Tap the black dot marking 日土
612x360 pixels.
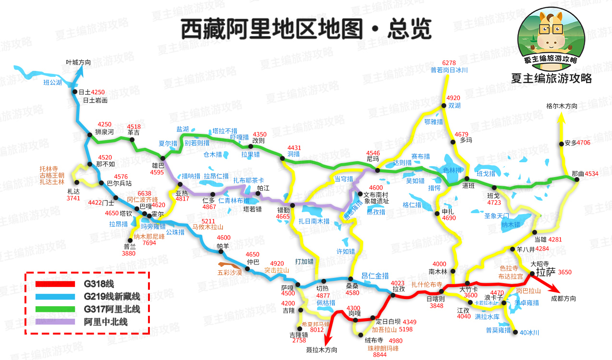(x=75, y=92)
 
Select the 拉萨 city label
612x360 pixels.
(x=545, y=272)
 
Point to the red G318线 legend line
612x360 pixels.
(x=55, y=284)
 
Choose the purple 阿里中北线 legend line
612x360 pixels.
(x=55, y=321)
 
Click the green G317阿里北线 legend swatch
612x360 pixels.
(x=55, y=309)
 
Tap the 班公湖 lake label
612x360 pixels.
(x=53, y=83)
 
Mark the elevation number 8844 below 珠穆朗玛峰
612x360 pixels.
(x=379, y=354)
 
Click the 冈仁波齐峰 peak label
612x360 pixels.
(x=142, y=199)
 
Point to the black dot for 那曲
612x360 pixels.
(x=576, y=179)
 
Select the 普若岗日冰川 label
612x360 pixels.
(x=449, y=70)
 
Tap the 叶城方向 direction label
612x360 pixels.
(x=78, y=62)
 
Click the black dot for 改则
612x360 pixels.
(x=250, y=146)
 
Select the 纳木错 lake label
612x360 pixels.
(x=511, y=224)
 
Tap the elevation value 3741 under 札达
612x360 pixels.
(x=73, y=198)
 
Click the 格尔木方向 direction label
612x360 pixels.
(x=562, y=106)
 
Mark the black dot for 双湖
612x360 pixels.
(x=443, y=106)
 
